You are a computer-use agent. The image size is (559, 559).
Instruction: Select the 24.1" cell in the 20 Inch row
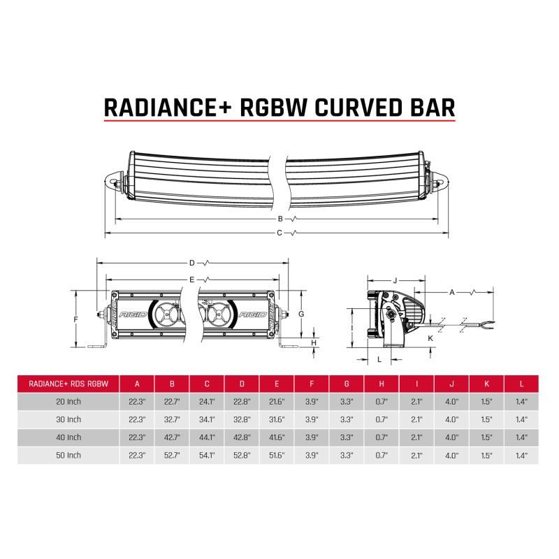(207, 402)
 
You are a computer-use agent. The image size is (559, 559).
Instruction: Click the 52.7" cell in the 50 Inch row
(172, 455)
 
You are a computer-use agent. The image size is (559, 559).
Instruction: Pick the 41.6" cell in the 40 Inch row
(277, 437)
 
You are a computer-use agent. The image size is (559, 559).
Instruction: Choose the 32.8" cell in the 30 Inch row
(242, 419)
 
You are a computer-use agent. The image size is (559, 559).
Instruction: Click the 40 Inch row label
(68, 437)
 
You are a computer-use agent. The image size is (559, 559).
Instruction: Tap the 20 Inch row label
(68, 402)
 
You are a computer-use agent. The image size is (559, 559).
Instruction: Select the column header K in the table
(486, 383)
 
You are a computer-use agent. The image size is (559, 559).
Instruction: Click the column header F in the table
(312, 383)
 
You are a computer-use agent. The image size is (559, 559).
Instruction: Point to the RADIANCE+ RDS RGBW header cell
(68, 383)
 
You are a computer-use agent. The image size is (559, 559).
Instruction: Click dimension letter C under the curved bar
(279, 232)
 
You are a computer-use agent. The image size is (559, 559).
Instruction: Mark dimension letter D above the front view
(191, 263)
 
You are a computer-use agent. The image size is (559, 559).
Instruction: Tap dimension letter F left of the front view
(76, 319)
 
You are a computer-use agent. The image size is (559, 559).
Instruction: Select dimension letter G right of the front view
(300, 314)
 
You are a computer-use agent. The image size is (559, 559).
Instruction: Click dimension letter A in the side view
(452, 291)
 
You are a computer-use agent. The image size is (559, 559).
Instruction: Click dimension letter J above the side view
(395, 280)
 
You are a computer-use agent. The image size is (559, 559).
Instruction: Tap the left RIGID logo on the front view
(133, 315)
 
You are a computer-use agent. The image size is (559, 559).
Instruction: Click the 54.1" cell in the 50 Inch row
(207, 455)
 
